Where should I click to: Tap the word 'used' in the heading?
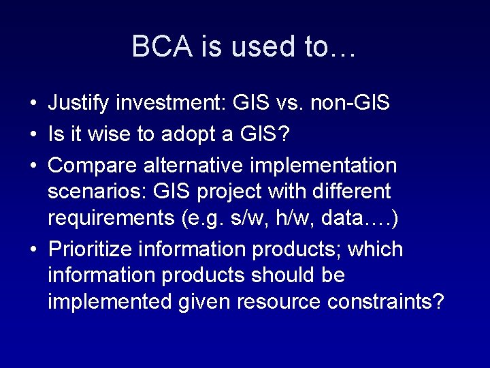click(255, 46)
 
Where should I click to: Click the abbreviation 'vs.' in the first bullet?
click(287, 104)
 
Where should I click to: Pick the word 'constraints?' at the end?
click(385, 302)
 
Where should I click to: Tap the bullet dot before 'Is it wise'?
click(33, 135)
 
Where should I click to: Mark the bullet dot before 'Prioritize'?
click(33, 250)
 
